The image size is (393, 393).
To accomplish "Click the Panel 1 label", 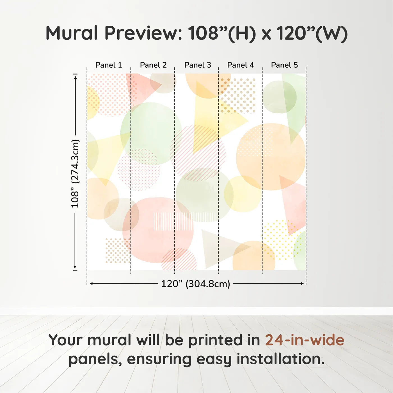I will pos(109,65).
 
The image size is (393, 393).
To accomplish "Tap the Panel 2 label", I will pos(153,65).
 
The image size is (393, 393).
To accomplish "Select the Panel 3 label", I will pos(198,65).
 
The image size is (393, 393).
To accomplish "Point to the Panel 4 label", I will pos(241,65).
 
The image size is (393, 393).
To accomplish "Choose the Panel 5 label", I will pos(284,65).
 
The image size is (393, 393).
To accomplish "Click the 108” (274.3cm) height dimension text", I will pos(75,173).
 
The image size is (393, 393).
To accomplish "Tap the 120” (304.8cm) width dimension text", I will pos(195,284).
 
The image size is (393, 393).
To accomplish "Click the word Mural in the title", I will pos(72,33).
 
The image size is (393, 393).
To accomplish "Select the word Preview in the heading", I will pos(143,33).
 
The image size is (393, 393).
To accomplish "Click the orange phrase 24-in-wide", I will pos(305,340).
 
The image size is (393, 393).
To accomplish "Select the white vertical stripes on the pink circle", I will pos(173,221).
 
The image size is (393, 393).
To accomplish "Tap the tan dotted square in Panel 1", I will pos(117,250).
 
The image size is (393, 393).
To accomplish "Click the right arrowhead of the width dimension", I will pos(303,284).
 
